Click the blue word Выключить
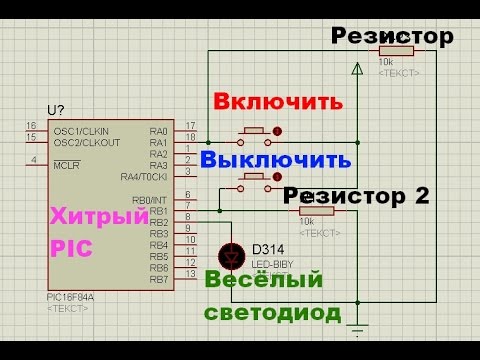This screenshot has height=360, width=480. pos(276,160)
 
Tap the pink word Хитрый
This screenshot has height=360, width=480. pos(85,213)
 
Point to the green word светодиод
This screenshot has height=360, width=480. pos(272,312)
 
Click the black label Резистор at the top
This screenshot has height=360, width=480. pos(393,37)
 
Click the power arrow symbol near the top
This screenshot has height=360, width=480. pos(357,69)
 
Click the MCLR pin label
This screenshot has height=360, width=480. pos(66,165)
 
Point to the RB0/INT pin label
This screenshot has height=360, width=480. pos(148,200)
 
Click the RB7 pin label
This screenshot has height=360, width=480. pos(157,279)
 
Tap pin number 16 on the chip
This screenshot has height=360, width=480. pos(31,125)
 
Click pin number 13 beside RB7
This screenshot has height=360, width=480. pos(189,273)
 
